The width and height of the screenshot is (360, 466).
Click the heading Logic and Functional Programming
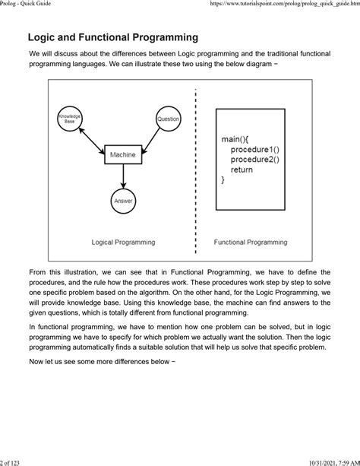coord(113,37)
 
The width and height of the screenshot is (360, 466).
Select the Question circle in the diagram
coord(168,119)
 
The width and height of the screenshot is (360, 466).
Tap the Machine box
coord(122,155)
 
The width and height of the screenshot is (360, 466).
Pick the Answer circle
coord(122,201)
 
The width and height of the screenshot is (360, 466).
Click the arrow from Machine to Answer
coord(122,176)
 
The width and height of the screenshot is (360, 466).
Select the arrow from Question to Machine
coord(147,136)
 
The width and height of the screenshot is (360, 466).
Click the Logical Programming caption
coord(123,243)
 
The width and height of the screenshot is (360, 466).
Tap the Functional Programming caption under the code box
coord(250,243)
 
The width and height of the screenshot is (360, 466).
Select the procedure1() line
coord(254,151)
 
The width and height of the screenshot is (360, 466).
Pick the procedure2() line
coord(254,160)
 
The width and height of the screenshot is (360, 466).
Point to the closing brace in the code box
coord(223,180)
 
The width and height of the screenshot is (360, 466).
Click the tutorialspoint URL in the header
coord(281,5)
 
